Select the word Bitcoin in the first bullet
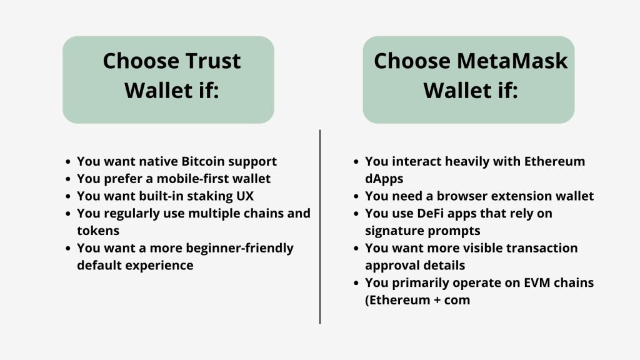(203, 161)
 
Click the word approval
(394, 265)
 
